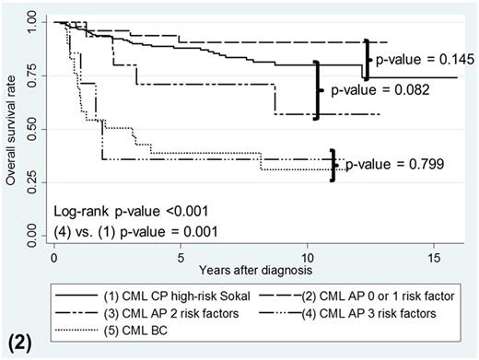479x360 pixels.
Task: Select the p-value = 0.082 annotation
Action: pyautogui.click(x=366, y=92)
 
